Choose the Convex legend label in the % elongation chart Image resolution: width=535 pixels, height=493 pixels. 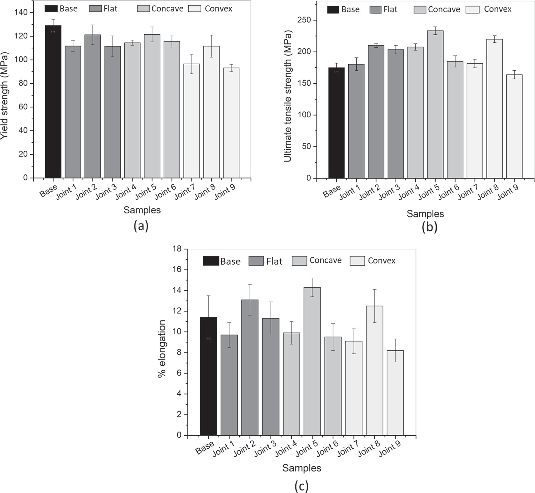[x=381, y=261]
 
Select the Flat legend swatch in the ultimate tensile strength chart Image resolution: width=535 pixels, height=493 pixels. [x=375, y=10]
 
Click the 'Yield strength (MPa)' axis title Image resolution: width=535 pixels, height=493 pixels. [x=4, y=95]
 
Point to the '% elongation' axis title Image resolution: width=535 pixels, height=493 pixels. [x=162, y=349]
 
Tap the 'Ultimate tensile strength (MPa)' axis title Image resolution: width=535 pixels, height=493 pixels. [x=287, y=96]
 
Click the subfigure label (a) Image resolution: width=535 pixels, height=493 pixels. [x=141, y=226]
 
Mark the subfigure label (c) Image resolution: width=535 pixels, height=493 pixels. [x=301, y=486]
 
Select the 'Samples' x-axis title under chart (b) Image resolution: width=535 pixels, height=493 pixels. [x=425, y=214]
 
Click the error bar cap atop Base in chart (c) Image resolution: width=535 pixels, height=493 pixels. [x=208, y=295]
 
